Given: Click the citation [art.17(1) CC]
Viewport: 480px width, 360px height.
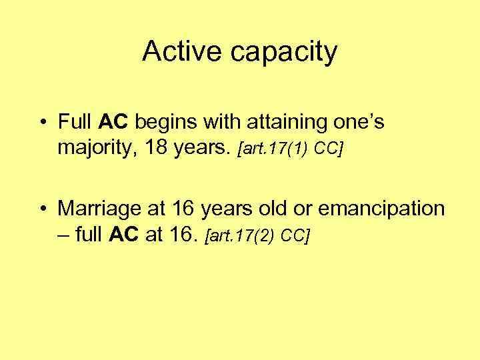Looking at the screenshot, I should point(291,148).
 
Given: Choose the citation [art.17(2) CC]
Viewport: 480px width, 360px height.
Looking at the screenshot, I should point(259,235).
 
